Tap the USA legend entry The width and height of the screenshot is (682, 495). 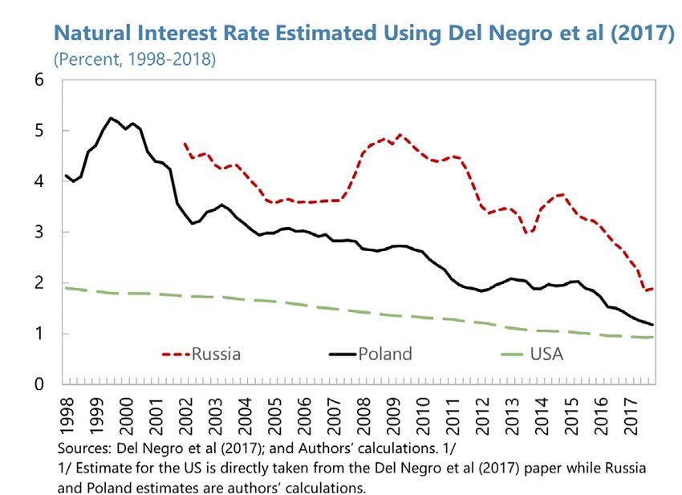click(546, 353)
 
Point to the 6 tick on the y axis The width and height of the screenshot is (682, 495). click(39, 80)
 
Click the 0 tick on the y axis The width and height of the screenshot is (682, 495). click(39, 385)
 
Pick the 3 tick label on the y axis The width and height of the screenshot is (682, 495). click(39, 233)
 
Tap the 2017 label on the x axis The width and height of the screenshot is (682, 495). click(635, 408)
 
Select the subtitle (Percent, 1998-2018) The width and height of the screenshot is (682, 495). click(134, 59)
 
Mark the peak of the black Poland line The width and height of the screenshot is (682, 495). click(111, 118)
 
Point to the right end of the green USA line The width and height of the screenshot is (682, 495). click(653, 337)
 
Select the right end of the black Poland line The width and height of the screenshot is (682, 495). click(653, 325)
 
